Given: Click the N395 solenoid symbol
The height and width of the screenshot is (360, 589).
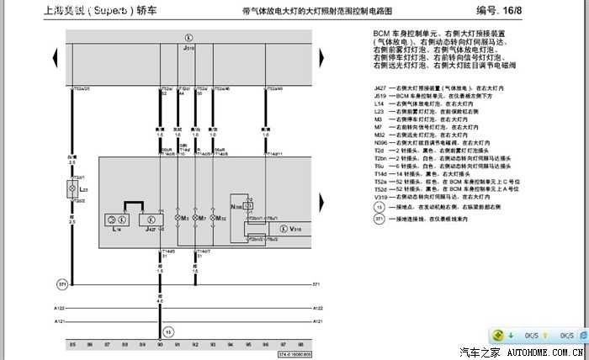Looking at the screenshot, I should click(x=238, y=206).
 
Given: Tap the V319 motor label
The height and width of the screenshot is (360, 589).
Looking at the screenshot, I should click(x=296, y=229).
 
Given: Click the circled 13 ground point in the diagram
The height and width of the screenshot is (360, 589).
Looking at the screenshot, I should click(x=167, y=331).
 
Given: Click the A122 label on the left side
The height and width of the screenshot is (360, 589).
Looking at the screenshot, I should click(x=60, y=309).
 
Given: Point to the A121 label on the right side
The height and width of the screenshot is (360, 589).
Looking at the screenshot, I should click(x=318, y=321).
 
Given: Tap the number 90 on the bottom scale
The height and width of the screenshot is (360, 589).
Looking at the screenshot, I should click(x=160, y=345).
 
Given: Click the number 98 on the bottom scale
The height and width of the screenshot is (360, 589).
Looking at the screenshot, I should click(x=300, y=345).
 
